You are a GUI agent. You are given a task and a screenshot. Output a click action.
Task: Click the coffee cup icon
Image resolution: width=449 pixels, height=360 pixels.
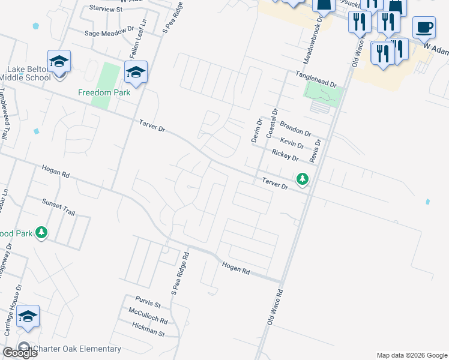point(424,27)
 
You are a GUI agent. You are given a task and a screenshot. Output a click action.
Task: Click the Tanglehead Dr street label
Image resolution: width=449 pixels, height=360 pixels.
point(315,78)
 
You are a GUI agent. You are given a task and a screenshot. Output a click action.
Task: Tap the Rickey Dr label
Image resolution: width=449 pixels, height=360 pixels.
point(285,155)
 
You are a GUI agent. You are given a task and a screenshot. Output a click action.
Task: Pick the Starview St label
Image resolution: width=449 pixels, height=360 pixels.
point(105,9)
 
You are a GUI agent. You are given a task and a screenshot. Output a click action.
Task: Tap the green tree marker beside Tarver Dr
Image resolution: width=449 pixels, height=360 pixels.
point(303,179)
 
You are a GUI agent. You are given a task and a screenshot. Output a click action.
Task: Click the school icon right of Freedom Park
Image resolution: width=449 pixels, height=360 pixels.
point(136,72)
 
